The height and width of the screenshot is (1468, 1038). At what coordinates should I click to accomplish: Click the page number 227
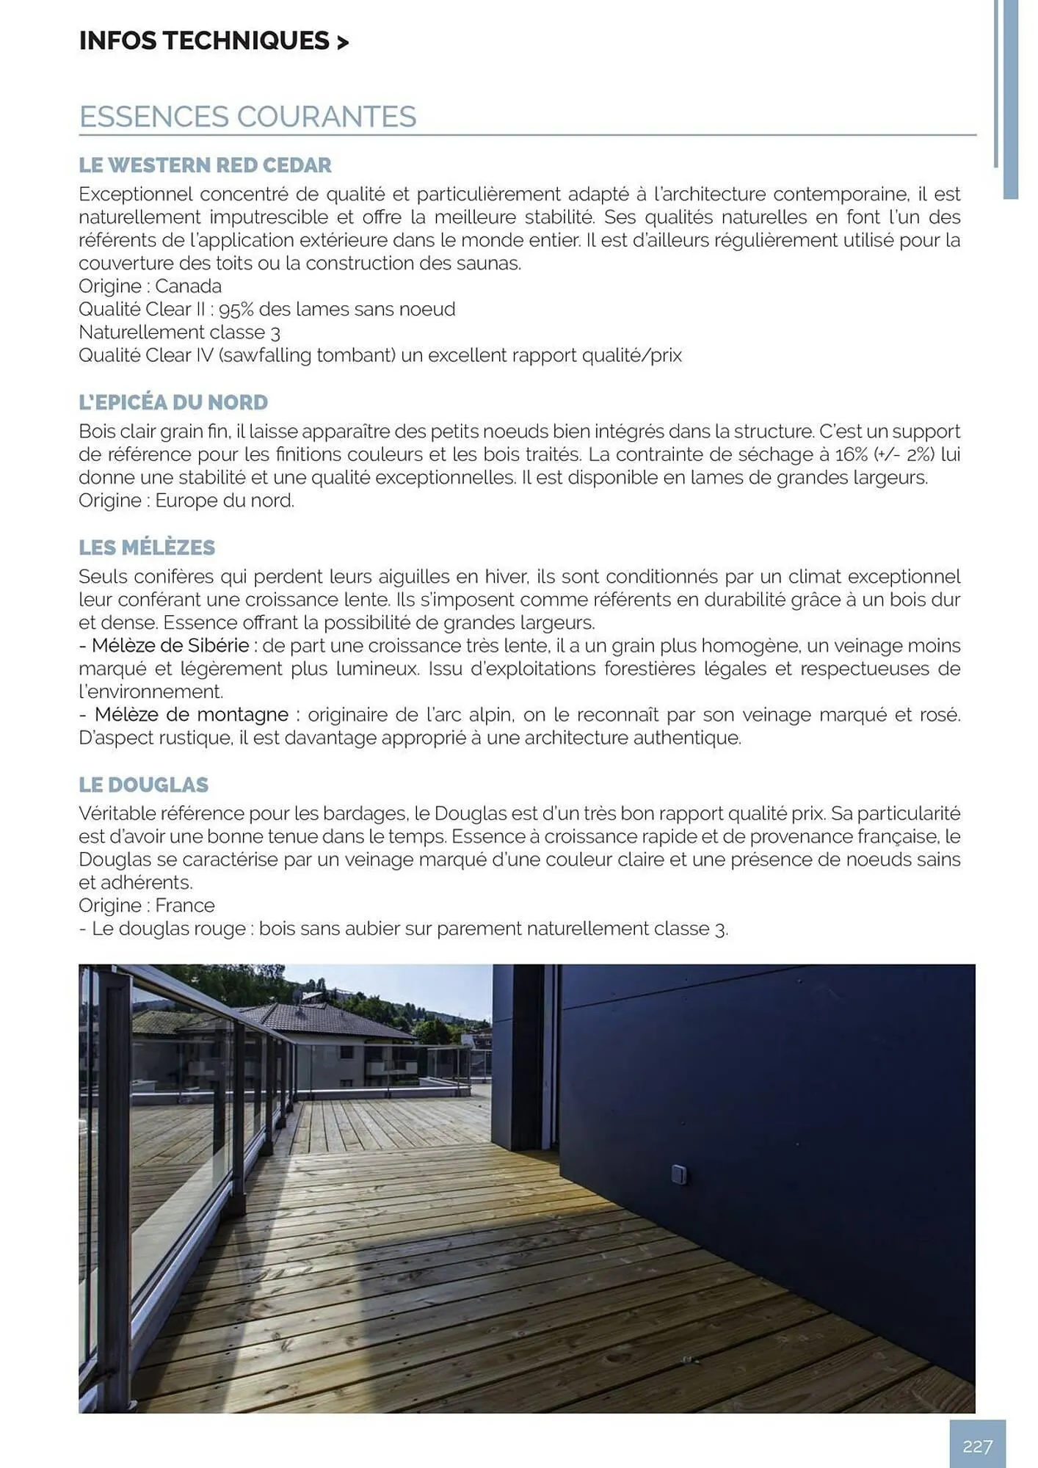(977, 1446)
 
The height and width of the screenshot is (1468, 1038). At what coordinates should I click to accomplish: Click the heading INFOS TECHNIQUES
(213, 41)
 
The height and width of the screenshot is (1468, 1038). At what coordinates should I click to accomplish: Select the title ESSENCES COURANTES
(247, 117)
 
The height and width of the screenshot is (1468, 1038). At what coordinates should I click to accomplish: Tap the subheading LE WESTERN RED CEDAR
(205, 165)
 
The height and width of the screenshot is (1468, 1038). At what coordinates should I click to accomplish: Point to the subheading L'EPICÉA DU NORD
(173, 402)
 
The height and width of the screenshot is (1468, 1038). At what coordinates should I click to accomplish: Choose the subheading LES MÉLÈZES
(147, 548)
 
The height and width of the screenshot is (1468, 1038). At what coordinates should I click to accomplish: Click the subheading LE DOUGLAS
(144, 785)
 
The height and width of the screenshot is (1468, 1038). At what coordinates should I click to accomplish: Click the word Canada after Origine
(188, 286)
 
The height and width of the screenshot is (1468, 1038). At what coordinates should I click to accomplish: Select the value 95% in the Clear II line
(236, 310)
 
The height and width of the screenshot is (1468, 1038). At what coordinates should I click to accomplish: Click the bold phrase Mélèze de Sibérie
(170, 646)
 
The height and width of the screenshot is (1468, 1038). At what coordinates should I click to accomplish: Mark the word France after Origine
(185, 906)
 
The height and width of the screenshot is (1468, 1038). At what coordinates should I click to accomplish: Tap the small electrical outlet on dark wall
(679, 1174)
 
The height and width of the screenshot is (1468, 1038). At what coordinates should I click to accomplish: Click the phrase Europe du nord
(224, 501)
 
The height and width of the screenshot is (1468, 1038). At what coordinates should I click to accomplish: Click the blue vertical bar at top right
(1010, 99)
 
